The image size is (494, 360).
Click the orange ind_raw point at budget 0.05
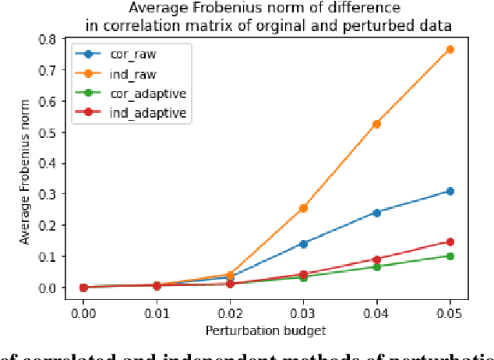pos(450,50)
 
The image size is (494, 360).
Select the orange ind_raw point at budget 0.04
pos(376,124)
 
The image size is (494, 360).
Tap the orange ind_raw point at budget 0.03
pos(303,208)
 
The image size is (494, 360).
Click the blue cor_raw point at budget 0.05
pos(450,191)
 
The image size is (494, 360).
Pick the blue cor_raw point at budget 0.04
pos(376,212)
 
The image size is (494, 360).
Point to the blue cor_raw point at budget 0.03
pos(303,244)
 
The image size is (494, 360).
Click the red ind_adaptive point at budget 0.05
pos(450,242)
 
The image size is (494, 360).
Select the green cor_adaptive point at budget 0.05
pos(450,256)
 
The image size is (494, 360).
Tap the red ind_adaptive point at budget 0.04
pos(376,259)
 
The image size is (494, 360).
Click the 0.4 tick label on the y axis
pos(48,163)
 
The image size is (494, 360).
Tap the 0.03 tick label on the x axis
pos(303,312)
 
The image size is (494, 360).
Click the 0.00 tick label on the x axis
pos(83,312)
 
